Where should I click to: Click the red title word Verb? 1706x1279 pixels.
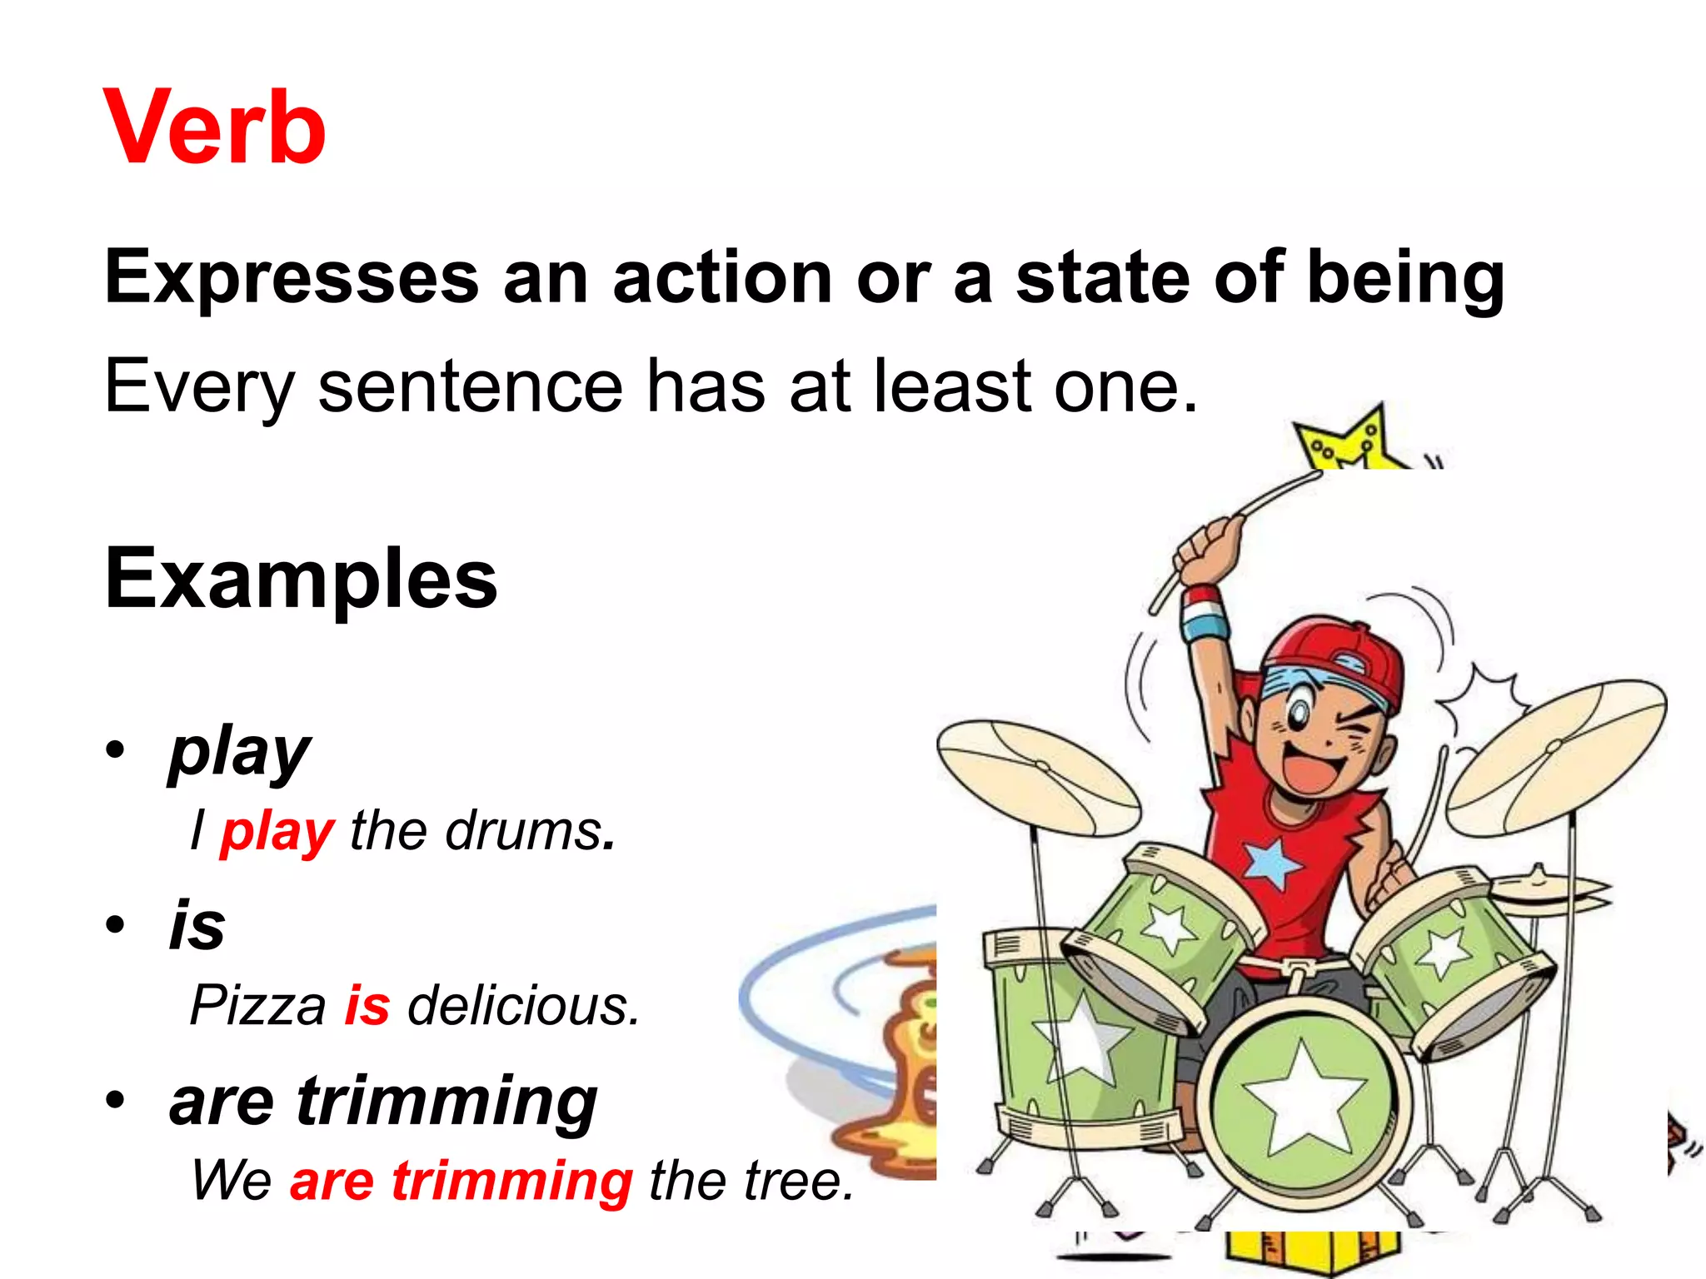click(x=215, y=129)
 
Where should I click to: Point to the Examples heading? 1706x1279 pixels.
click(x=302, y=579)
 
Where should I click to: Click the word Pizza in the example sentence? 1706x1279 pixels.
click(x=258, y=1005)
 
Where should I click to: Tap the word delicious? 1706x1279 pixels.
click(x=522, y=1005)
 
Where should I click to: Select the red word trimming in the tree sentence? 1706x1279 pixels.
click(x=512, y=1181)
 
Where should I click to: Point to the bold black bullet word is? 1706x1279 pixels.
click(x=197, y=925)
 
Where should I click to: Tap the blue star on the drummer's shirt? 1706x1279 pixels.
click(x=1272, y=863)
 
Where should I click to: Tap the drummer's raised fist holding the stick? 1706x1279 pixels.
click(x=1208, y=545)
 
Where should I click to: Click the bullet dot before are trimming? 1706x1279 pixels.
click(x=115, y=1100)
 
